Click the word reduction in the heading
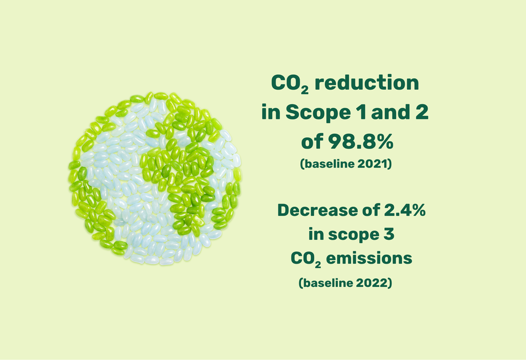[x=367, y=82]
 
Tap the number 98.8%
[x=360, y=142]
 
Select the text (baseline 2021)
[x=346, y=164]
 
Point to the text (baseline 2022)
[x=345, y=283]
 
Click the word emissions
[x=369, y=258]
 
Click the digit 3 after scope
[x=389, y=234]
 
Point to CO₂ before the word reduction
[x=290, y=84]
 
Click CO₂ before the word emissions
[x=306, y=259]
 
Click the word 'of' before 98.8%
[x=312, y=142]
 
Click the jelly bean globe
[x=154, y=178]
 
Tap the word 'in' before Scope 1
[x=271, y=113]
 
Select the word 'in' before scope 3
[x=316, y=234]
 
